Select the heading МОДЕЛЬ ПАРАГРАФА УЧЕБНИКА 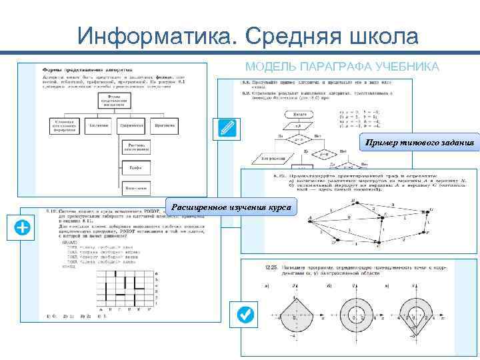(x=342, y=67)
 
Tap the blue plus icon (x=22, y=227)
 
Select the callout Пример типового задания (x=420, y=142)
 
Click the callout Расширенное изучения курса (x=231, y=207)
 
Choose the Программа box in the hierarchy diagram (x=164, y=125)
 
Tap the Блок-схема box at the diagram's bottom (x=135, y=189)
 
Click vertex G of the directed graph (x=431, y=210)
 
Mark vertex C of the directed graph (x=379, y=245)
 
